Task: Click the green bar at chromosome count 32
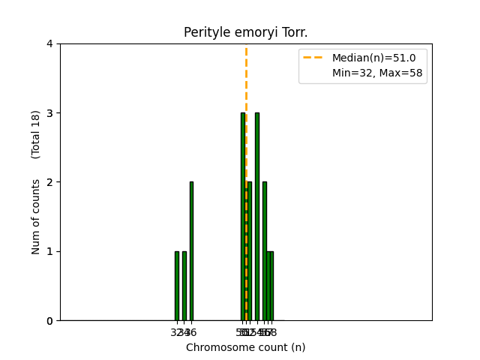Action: point(177,286)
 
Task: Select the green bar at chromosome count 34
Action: point(184,286)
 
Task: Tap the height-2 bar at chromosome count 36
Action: point(191,251)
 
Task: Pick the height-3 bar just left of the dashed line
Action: point(242,217)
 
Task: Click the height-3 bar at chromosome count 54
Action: point(257,217)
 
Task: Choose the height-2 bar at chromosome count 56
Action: point(264,251)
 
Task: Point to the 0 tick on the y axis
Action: point(50,321)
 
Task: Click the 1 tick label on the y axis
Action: point(50,251)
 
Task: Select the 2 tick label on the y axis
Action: point(50,182)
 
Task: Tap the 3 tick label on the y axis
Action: point(50,113)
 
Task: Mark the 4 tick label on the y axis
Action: point(50,43)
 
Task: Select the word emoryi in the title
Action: point(252,33)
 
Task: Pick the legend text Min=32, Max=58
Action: point(379,73)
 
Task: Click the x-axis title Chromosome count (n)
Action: point(246,347)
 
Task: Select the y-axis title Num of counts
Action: point(36,217)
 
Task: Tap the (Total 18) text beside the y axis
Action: point(36,134)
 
